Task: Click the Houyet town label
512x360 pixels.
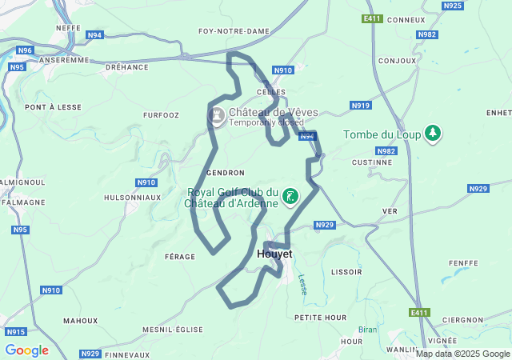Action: coord(274,254)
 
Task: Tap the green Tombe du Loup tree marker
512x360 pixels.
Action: coord(433,133)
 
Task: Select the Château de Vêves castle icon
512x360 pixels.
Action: coord(216,117)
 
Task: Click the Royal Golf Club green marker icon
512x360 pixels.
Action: coord(290,197)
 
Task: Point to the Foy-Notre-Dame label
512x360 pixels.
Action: coord(234,31)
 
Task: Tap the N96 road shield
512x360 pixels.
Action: coord(26,50)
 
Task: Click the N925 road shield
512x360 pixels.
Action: coord(453,6)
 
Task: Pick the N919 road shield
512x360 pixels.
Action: coord(361,106)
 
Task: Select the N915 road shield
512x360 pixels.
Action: coord(15,331)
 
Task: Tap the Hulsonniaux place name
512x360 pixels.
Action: coord(133,198)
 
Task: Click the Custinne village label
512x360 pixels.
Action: coord(371,162)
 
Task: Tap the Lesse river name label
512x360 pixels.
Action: coord(302,285)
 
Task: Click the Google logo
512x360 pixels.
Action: coord(26,350)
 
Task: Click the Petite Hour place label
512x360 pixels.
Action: coord(320,318)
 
